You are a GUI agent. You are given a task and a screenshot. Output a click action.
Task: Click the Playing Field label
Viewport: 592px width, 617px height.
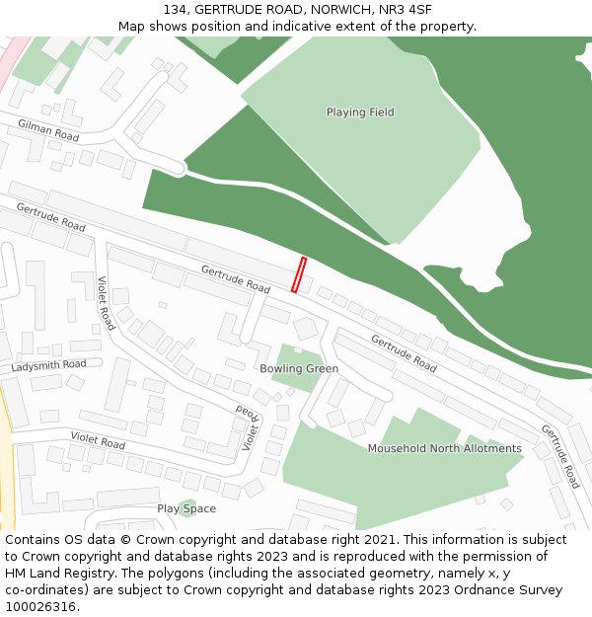point(360,113)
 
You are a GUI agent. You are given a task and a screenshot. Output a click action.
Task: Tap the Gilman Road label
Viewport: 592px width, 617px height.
point(47,129)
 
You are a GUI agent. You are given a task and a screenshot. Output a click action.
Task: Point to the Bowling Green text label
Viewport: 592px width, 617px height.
point(299,369)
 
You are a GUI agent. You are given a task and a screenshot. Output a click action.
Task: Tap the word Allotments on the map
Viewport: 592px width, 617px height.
point(488,449)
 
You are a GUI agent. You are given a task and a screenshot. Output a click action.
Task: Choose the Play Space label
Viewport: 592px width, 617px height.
point(186,509)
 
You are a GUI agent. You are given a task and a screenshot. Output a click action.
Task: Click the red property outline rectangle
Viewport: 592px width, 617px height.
point(299,275)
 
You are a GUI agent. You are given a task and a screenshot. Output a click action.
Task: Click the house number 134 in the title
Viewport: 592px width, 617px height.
point(176,10)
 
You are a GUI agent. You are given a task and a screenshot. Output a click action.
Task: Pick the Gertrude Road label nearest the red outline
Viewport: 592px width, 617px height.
point(236,279)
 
